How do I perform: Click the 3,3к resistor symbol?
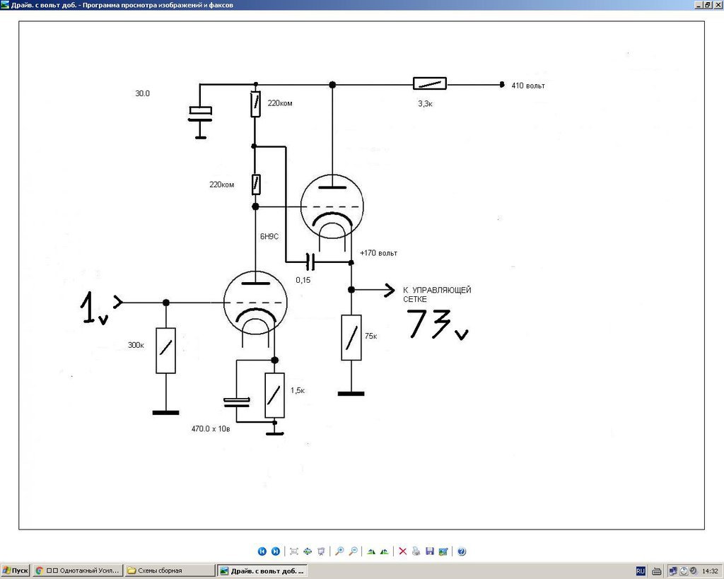tap(429, 83)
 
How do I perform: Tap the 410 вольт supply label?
tap(527, 86)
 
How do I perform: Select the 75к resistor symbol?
tap(351, 337)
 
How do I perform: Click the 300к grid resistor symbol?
tap(165, 351)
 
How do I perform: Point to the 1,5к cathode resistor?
tap(274, 395)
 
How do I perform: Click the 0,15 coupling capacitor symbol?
tap(311, 262)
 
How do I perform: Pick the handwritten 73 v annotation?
tap(437, 324)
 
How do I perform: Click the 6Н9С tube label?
tap(269, 236)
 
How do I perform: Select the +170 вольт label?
tap(378, 253)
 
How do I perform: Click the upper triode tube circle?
tap(332, 206)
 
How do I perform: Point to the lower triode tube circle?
tap(255, 303)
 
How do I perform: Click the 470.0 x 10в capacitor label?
tap(211, 429)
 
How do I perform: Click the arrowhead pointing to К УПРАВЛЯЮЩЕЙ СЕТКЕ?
tap(390, 290)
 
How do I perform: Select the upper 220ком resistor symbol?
tap(255, 104)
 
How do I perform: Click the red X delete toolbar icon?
tap(402, 551)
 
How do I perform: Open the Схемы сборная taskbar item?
tap(170, 571)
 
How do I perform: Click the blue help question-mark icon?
tap(461, 551)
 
